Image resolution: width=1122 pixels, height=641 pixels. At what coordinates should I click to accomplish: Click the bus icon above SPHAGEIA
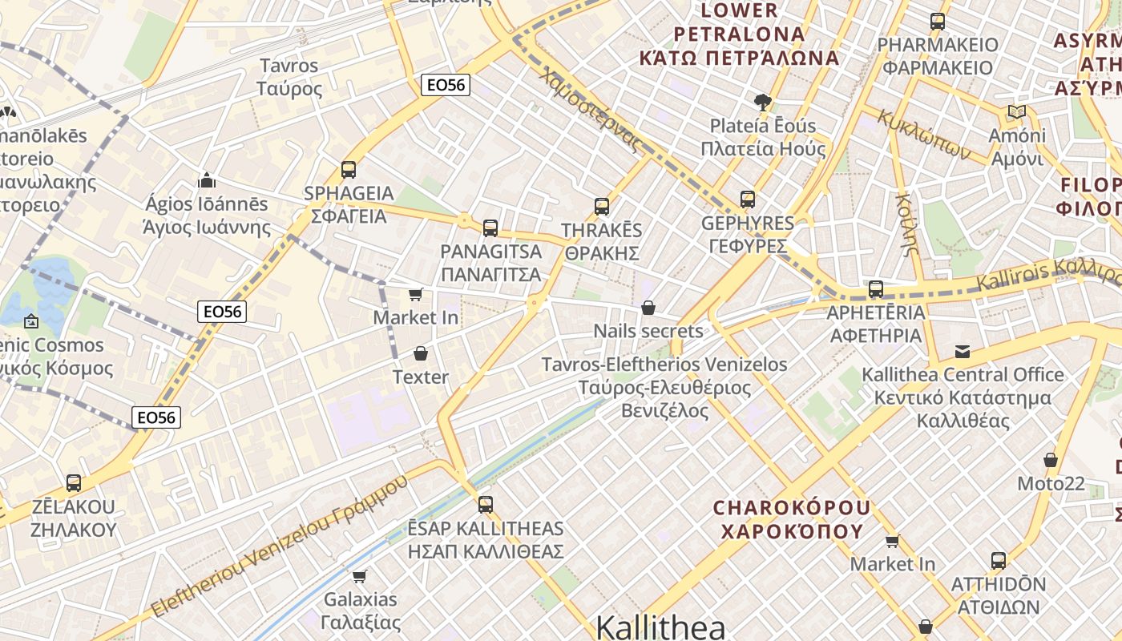tap(349, 170)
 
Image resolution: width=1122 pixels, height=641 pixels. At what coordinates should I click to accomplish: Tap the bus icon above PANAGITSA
tap(490, 228)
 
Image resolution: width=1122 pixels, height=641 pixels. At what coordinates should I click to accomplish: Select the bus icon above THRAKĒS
tap(602, 207)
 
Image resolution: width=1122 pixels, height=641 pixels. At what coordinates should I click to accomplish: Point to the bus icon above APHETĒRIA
tap(876, 289)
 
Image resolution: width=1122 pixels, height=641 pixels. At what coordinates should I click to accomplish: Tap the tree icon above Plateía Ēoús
tap(762, 102)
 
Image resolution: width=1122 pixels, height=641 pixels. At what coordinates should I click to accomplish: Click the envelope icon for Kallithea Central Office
tap(963, 351)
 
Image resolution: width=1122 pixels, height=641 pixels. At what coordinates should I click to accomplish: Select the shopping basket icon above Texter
tap(421, 353)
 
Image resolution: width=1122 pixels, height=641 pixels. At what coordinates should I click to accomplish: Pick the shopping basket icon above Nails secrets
tap(648, 308)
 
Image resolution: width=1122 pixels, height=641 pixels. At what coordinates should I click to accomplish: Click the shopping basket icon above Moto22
tap(1051, 460)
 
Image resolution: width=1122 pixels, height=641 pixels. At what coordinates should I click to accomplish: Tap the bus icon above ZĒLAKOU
tap(74, 483)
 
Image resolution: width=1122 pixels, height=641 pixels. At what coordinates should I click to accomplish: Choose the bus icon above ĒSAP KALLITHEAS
tap(485, 505)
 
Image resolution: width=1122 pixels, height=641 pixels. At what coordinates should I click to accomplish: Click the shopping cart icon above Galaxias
tap(360, 576)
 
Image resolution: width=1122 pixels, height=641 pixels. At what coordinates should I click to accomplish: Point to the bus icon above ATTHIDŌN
tap(999, 561)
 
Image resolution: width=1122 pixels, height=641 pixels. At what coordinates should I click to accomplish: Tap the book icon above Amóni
tap(1017, 111)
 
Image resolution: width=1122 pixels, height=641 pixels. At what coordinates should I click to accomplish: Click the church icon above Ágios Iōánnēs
tap(207, 179)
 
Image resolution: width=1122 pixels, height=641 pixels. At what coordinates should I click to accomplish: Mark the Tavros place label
tap(289, 77)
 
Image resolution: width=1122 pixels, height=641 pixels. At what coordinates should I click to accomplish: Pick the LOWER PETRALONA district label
tap(739, 34)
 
